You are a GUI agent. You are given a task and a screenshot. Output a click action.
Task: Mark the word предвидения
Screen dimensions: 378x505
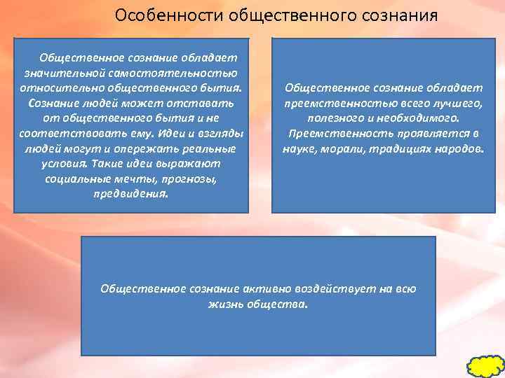(130, 194)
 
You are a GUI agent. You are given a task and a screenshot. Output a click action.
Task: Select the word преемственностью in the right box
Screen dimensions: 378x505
(328, 103)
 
